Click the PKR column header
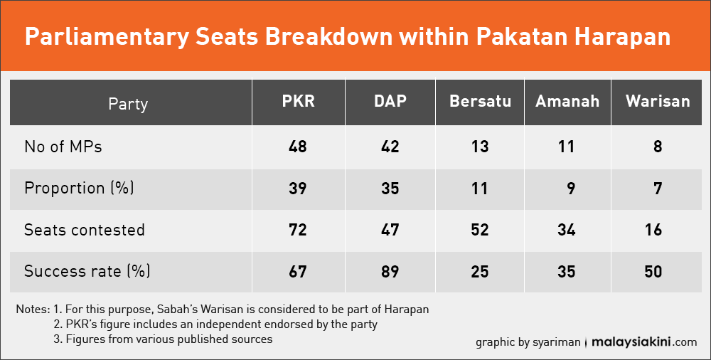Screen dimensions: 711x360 click(298, 101)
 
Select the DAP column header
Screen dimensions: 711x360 click(390, 101)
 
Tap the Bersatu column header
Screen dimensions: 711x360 click(480, 101)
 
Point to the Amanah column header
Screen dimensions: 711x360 click(567, 101)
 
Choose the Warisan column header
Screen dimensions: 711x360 click(658, 101)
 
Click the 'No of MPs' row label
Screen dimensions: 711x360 click(63, 147)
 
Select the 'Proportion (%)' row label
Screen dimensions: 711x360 click(79, 188)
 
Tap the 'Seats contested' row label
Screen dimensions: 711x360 click(85, 230)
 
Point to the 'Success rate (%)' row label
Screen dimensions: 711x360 click(87, 271)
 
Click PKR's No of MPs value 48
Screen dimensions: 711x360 click(297, 147)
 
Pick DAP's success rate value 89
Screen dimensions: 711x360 click(390, 272)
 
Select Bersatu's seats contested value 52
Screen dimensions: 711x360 click(479, 230)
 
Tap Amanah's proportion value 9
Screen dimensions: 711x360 click(571, 189)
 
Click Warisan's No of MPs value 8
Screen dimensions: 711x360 click(658, 147)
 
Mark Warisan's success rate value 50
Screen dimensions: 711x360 click(653, 272)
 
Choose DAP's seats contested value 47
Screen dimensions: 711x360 click(390, 230)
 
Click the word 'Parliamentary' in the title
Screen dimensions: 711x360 click(107, 37)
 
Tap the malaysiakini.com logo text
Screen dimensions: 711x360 click(644, 342)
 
